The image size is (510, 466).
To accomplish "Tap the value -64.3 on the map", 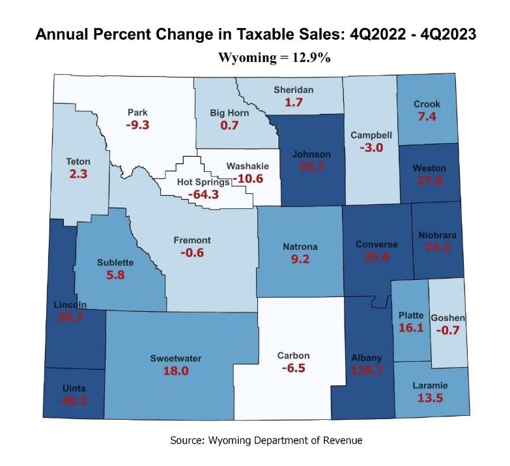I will (x=204, y=194).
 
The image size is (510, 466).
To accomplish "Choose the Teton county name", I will (x=78, y=161).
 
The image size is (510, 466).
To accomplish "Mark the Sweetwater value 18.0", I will (x=175, y=370).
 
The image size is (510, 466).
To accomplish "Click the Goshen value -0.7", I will (x=449, y=330).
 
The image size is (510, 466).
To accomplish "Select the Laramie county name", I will (x=430, y=385).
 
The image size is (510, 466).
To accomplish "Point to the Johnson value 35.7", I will (x=311, y=167).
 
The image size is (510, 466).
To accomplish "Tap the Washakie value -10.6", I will (x=248, y=178).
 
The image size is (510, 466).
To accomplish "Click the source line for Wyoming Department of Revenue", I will (x=266, y=441).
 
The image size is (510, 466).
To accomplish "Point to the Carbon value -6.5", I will (x=292, y=368).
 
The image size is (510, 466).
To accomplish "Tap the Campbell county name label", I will (x=371, y=135).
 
